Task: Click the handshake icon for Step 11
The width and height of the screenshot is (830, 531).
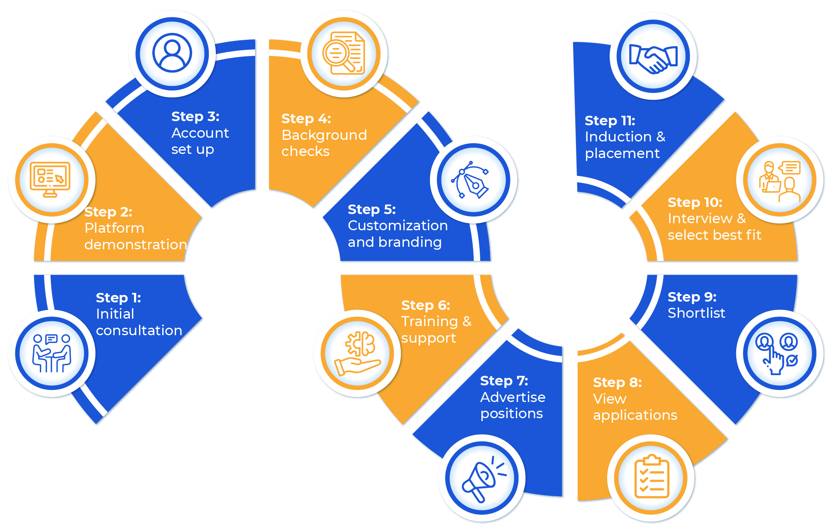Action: coord(653,57)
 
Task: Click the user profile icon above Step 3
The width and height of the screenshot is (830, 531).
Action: coord(172,54)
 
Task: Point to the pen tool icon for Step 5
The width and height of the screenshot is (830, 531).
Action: coord(473,180)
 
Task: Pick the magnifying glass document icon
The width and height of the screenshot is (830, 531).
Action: coord(344,54)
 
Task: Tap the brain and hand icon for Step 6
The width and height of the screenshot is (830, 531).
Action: coord(358,353)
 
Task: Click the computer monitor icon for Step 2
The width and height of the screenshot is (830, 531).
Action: coord(51,179)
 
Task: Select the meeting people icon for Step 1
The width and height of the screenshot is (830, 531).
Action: coord(52,353)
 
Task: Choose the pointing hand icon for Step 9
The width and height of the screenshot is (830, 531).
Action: coord(779,353)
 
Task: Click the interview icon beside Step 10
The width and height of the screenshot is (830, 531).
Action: coord(779,180)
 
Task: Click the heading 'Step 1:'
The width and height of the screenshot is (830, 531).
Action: coord(118,298)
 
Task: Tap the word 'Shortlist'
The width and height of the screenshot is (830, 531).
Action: coord(696,313)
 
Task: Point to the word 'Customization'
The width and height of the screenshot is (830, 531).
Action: coord(398,226)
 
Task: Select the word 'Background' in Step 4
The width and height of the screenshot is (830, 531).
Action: coord(324,135)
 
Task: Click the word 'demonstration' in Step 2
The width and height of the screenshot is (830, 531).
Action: coord(136,245)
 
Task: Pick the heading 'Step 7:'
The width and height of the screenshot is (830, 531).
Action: coord(504,381)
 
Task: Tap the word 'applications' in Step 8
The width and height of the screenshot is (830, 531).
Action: coord(635,415)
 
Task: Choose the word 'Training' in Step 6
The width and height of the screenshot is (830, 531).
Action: coord(429,322)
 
